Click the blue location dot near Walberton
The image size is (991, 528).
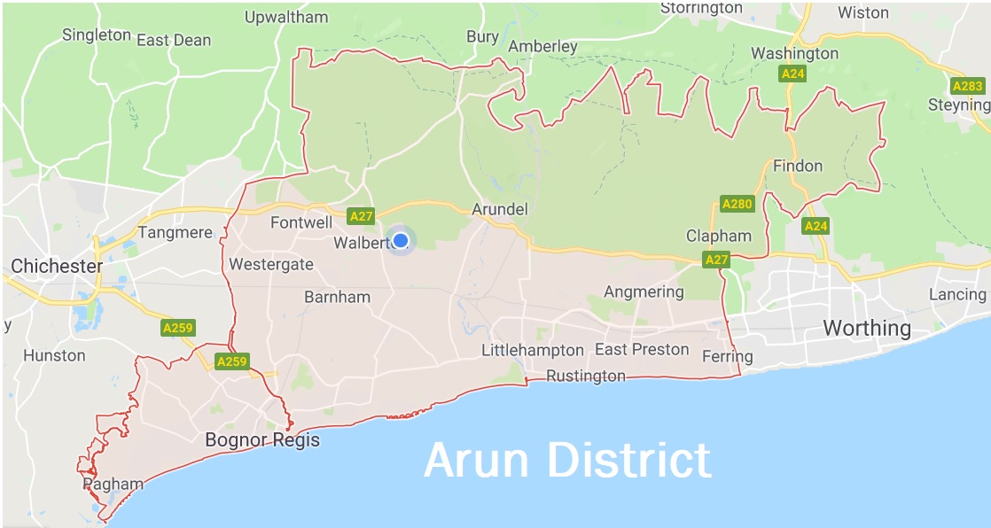[x=401, y=240]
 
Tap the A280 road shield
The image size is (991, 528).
[x=737, y=205]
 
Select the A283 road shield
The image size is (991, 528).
[x=966, y=86]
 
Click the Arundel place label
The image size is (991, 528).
[x=500, y=209]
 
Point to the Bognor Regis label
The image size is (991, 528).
[x=262, y=440]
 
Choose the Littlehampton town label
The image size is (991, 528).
[x=533, y=350]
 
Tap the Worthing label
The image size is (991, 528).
[x=866, y=328]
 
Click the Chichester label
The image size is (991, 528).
[x=57, y=266]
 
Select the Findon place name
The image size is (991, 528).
[x=798, y=166]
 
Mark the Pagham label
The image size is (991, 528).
[x=113, y=485]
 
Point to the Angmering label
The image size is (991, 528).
[x=644, y=291]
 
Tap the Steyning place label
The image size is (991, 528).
[x=957, y=105]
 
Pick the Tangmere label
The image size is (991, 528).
[x=176, y=233]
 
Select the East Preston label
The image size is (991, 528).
[x=642, y=349]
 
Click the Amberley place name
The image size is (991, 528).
[x=542, y=46]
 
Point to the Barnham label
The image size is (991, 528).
[x=337, y=297]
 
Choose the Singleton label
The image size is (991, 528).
[x=96, y=35]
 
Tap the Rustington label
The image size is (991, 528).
[x=585, y=376]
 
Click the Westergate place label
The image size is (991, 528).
[x=271, y=264]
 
